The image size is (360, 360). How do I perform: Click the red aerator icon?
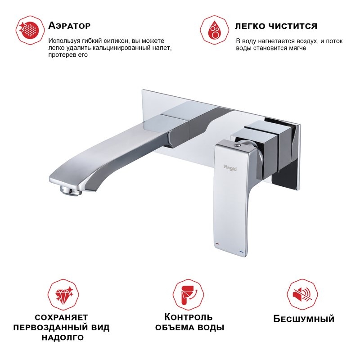pos(30,30)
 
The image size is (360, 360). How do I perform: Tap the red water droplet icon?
pos(215,30)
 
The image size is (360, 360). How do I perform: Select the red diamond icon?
pos(63,295)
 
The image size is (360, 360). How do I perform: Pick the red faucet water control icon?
pos(188,295)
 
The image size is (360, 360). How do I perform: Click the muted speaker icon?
pos(302,295)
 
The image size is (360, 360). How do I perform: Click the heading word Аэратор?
pos(69,26)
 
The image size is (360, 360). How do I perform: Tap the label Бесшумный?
pos(304,319)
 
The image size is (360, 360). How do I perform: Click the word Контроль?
pos(189,317)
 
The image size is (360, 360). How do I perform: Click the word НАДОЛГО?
pos(63,338)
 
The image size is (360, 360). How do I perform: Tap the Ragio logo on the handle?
pos(230,168)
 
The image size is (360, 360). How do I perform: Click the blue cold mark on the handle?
pos(242,252)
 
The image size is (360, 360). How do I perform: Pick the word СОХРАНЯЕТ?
pos(61,318)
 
